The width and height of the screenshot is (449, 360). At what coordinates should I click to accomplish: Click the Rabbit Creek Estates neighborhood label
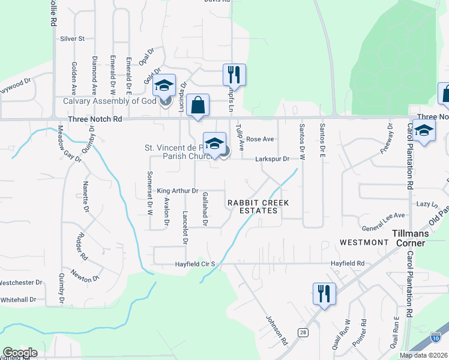click(x=258, y=207)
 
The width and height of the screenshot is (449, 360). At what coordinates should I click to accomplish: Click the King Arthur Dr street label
click(x=178, y=191)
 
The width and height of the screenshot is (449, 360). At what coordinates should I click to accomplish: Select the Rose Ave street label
click(x=260, y=139)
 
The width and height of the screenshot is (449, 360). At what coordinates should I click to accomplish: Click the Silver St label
click(x=73, y=38)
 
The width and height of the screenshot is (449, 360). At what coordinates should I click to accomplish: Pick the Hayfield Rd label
click(x=348, y=263)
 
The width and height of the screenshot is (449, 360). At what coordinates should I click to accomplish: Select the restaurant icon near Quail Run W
click(x=324, y=293)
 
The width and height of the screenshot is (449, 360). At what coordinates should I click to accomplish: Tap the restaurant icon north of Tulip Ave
click(x=233, y=74)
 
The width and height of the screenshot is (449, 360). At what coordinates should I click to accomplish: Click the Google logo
click(x=20, y=353)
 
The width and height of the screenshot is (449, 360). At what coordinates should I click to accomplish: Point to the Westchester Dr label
click(x=20, y=282)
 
